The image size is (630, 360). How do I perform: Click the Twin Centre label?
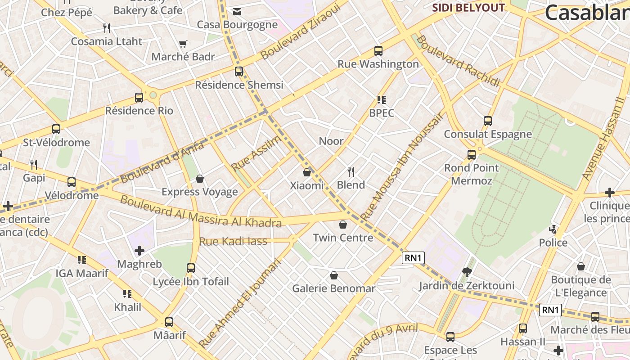tap(343, 238)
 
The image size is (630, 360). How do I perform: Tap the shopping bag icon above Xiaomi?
tap(307, 172)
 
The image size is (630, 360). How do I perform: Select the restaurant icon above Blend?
tap(351, 171)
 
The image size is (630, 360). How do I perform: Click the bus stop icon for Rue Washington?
tap(378, 51)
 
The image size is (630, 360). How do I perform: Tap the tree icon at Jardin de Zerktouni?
tap(467, 272)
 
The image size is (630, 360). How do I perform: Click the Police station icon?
tap(553, 229)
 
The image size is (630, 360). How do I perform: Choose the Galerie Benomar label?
tap(333, 288)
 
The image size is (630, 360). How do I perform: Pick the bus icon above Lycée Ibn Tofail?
tap(191, 269)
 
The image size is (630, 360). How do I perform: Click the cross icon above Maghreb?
tap(139, 251)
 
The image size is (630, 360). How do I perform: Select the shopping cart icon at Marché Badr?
tap(183, 44)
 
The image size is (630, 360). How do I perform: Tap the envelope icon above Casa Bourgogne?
tap(237, 12)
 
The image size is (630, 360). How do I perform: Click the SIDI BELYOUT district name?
tap(468, 8)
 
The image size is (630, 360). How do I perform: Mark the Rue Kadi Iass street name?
tap(233, 241)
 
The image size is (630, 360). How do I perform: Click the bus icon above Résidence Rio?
tap(139, 98)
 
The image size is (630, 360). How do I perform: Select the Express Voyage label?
tap(200, 192)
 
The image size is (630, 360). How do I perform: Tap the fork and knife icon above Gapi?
tap(34, 164)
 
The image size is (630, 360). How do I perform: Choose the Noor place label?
tap(331, 141)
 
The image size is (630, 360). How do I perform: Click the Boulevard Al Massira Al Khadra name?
tap(201, 212)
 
